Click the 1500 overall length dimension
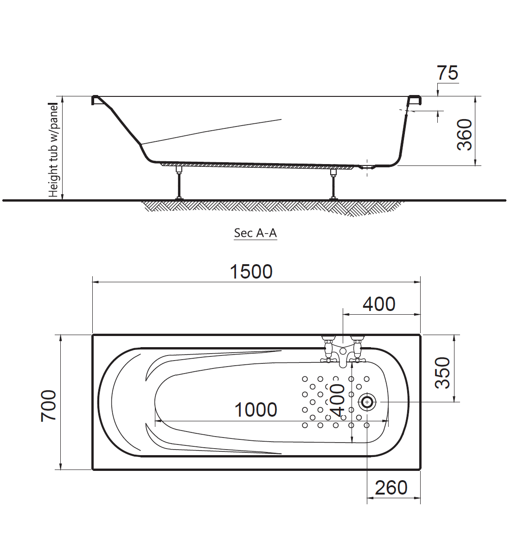251,272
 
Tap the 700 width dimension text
49,405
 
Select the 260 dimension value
391,488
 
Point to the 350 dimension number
442,373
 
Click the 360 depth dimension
464,135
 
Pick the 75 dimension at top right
448,73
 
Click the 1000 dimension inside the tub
256,410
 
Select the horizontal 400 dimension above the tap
379,304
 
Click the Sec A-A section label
256,233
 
